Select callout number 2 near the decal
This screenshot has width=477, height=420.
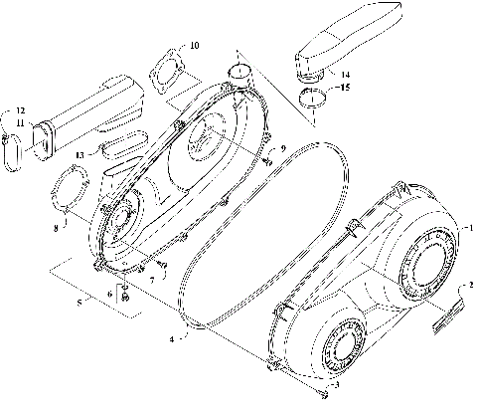pos(470,285)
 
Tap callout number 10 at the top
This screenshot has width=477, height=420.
pos(195,45)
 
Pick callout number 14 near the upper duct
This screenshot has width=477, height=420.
pos(343,75)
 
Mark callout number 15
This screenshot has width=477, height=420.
pos(345,89)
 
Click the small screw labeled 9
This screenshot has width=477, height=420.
pos(268,156)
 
